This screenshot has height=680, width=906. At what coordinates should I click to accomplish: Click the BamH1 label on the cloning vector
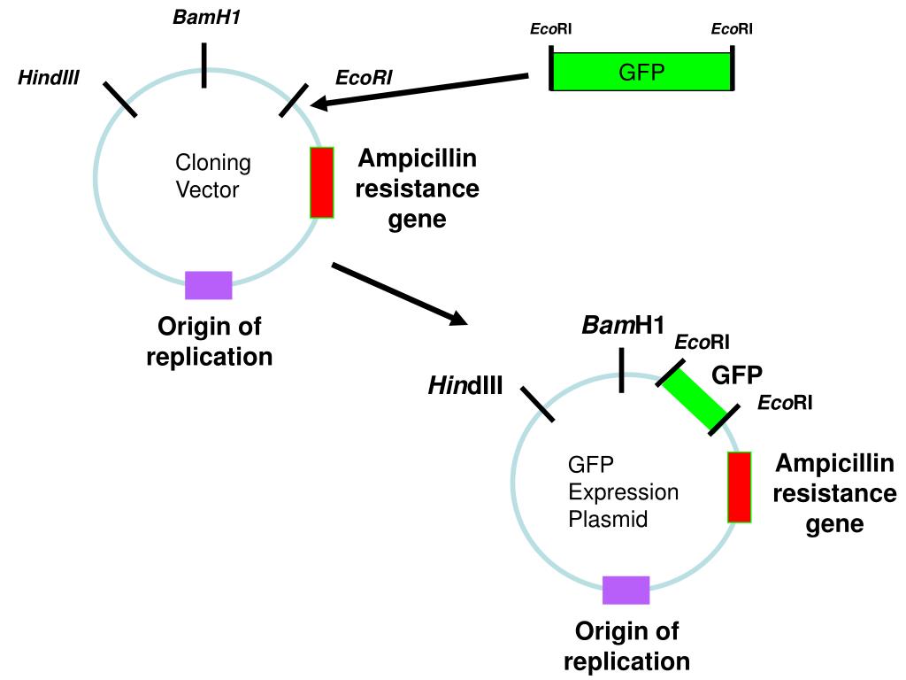206,18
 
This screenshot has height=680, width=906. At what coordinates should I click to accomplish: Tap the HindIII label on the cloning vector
49,78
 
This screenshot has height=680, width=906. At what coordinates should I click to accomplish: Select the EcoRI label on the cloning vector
364,78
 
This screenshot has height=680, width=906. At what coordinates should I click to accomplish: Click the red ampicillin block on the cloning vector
322,182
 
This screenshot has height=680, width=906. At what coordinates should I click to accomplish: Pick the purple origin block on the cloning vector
209,285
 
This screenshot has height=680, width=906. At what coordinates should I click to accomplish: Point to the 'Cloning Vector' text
212,176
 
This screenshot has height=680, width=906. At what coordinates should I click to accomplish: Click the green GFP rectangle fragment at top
641,72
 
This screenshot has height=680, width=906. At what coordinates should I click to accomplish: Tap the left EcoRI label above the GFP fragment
550,29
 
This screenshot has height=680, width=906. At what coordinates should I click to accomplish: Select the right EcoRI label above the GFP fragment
732,29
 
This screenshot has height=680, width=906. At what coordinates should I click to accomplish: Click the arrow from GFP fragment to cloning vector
418,90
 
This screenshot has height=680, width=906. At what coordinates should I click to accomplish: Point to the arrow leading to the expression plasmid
399,294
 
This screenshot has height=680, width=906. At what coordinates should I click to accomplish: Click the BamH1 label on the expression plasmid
623,326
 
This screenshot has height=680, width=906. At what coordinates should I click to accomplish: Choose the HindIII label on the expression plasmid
465,386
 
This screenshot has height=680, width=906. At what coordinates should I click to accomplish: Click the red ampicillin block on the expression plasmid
740,488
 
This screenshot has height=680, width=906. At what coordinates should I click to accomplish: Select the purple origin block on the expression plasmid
626,590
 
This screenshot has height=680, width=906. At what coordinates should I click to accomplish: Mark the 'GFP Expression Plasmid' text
623,491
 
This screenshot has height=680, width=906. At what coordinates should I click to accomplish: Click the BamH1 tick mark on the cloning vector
204,66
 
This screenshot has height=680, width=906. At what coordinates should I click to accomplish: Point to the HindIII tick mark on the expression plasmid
537,404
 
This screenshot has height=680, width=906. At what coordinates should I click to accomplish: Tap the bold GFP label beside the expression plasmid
737,375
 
